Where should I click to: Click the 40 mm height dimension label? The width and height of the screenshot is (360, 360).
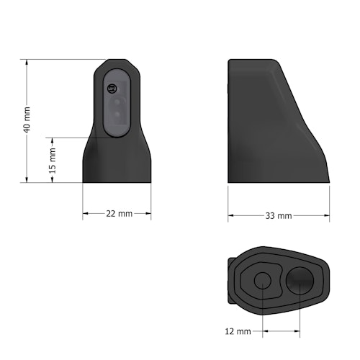point(27,120)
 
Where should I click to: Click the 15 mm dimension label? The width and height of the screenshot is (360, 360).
point(53,160)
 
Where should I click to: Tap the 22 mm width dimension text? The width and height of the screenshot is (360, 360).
point(117,214)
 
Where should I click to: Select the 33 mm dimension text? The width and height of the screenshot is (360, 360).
point(279,215)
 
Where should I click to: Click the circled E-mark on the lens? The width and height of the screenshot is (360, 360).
point(111,89)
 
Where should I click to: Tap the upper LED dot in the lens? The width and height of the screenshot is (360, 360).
point(115,103)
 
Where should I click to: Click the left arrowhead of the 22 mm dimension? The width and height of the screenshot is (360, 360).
point(86,214)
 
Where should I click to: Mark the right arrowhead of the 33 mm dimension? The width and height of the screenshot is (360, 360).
point(328,215)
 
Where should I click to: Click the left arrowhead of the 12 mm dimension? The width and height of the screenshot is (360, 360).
point(265,332)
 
